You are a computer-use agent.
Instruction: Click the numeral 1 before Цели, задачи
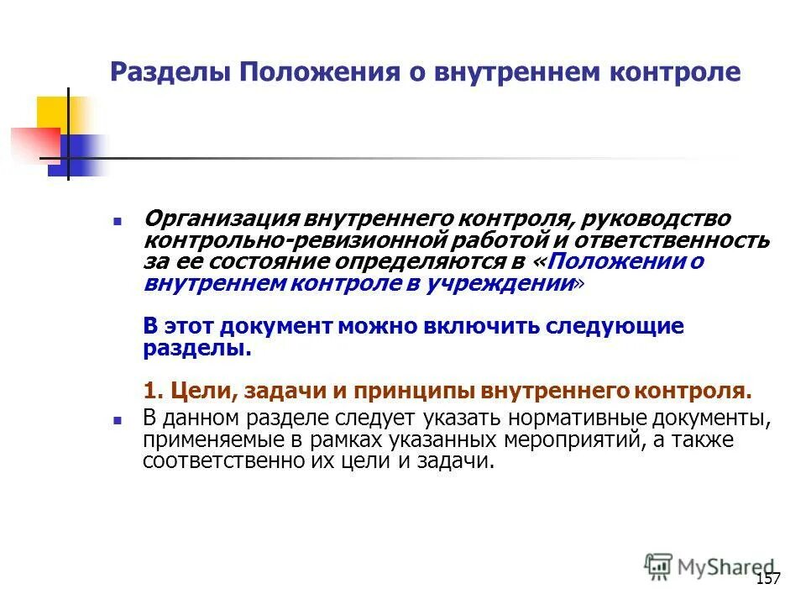[150, 392]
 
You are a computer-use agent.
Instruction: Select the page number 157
[767, 580]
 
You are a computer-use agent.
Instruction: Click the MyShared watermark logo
[709, 566]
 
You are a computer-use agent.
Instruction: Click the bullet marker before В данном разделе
[118, 419]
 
